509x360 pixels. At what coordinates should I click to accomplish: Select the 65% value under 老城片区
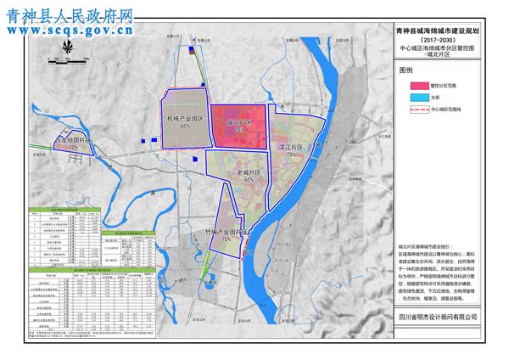click(x=249, y=180)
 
